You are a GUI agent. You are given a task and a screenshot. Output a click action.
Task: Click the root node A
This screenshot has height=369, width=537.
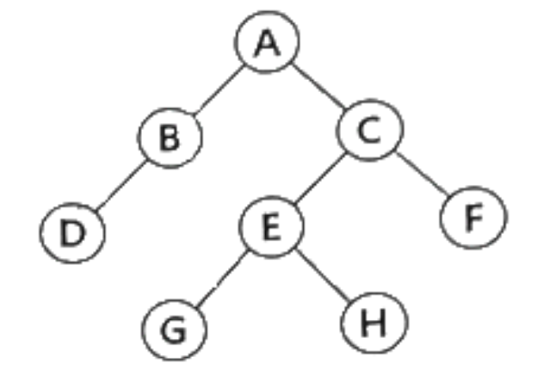[267, 42]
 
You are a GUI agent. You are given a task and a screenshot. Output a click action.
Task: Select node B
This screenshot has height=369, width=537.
[170, 138]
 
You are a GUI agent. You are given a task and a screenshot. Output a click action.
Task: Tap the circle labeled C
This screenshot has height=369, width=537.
[370, 130]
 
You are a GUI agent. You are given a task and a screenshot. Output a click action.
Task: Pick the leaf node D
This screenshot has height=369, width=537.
[72, 233]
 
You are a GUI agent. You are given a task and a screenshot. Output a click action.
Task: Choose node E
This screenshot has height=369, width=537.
[271, 227]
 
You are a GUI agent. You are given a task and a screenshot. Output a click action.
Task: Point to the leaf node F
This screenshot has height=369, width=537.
[473, 218]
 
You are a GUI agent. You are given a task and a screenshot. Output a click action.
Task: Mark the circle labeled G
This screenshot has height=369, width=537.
[175, 330]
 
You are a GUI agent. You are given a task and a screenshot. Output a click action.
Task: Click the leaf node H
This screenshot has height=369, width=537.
[374, 323]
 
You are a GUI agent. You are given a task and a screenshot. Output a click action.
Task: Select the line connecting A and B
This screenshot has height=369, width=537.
[219, 89]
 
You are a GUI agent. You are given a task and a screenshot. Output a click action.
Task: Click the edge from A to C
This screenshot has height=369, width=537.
[318, 86]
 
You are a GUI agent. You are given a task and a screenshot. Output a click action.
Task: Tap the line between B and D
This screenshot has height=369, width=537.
[121, 185]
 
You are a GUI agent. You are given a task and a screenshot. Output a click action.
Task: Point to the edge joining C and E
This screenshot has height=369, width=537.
[320, 178]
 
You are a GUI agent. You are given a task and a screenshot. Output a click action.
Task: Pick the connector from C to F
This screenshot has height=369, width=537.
[423, 174]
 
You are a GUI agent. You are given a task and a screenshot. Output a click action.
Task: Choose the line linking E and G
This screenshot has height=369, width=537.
[221, 279]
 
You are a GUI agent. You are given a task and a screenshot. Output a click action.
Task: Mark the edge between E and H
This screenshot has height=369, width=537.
[323, 275]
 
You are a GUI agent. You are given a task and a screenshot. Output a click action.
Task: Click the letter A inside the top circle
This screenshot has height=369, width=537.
[267, 43]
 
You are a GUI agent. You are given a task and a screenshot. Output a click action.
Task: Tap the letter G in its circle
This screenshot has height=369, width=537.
[174, 330]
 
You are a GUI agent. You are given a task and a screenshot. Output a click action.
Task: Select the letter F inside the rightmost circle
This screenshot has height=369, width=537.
[474, 218]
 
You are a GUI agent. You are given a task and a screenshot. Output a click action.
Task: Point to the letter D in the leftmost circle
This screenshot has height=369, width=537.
[72, 233]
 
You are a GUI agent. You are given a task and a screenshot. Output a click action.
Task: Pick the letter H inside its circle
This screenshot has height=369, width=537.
[373, 323]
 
